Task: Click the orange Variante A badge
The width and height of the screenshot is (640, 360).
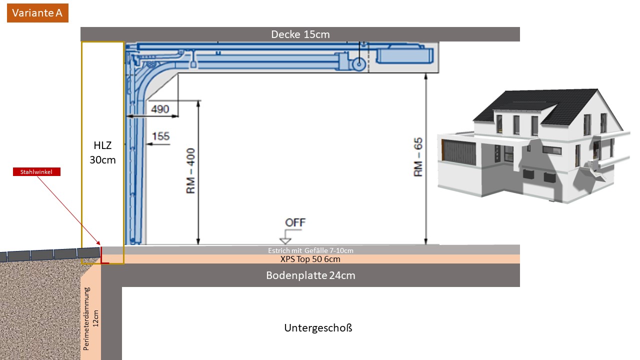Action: click(x=37, y=13)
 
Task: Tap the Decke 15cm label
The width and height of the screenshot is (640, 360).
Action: click(x=300, y=34)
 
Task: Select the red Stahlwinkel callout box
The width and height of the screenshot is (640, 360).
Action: click(x=36, y=172)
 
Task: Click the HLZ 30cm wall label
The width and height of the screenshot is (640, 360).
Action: click(x=102, y=152)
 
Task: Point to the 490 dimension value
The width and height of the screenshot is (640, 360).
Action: click(x=160, y=109)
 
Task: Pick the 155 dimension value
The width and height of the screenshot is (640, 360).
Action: click(x=161, y=136)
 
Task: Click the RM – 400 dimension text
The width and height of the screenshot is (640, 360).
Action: click(x=191, y=171)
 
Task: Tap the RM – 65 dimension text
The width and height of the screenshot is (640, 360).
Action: click(x=418, y=157)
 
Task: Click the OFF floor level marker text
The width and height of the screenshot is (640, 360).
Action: click(x=295, y=222)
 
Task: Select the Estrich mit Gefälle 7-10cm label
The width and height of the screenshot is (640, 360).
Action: click(x=310, y=250)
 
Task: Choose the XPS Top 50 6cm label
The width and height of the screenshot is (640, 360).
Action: click(x=310, y=259)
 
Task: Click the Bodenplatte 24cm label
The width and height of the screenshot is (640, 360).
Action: click(x=310, y=275)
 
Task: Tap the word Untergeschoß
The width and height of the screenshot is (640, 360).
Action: click(x=318, y=328)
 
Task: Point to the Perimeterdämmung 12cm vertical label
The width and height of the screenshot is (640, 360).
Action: click(x=90, y=318)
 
